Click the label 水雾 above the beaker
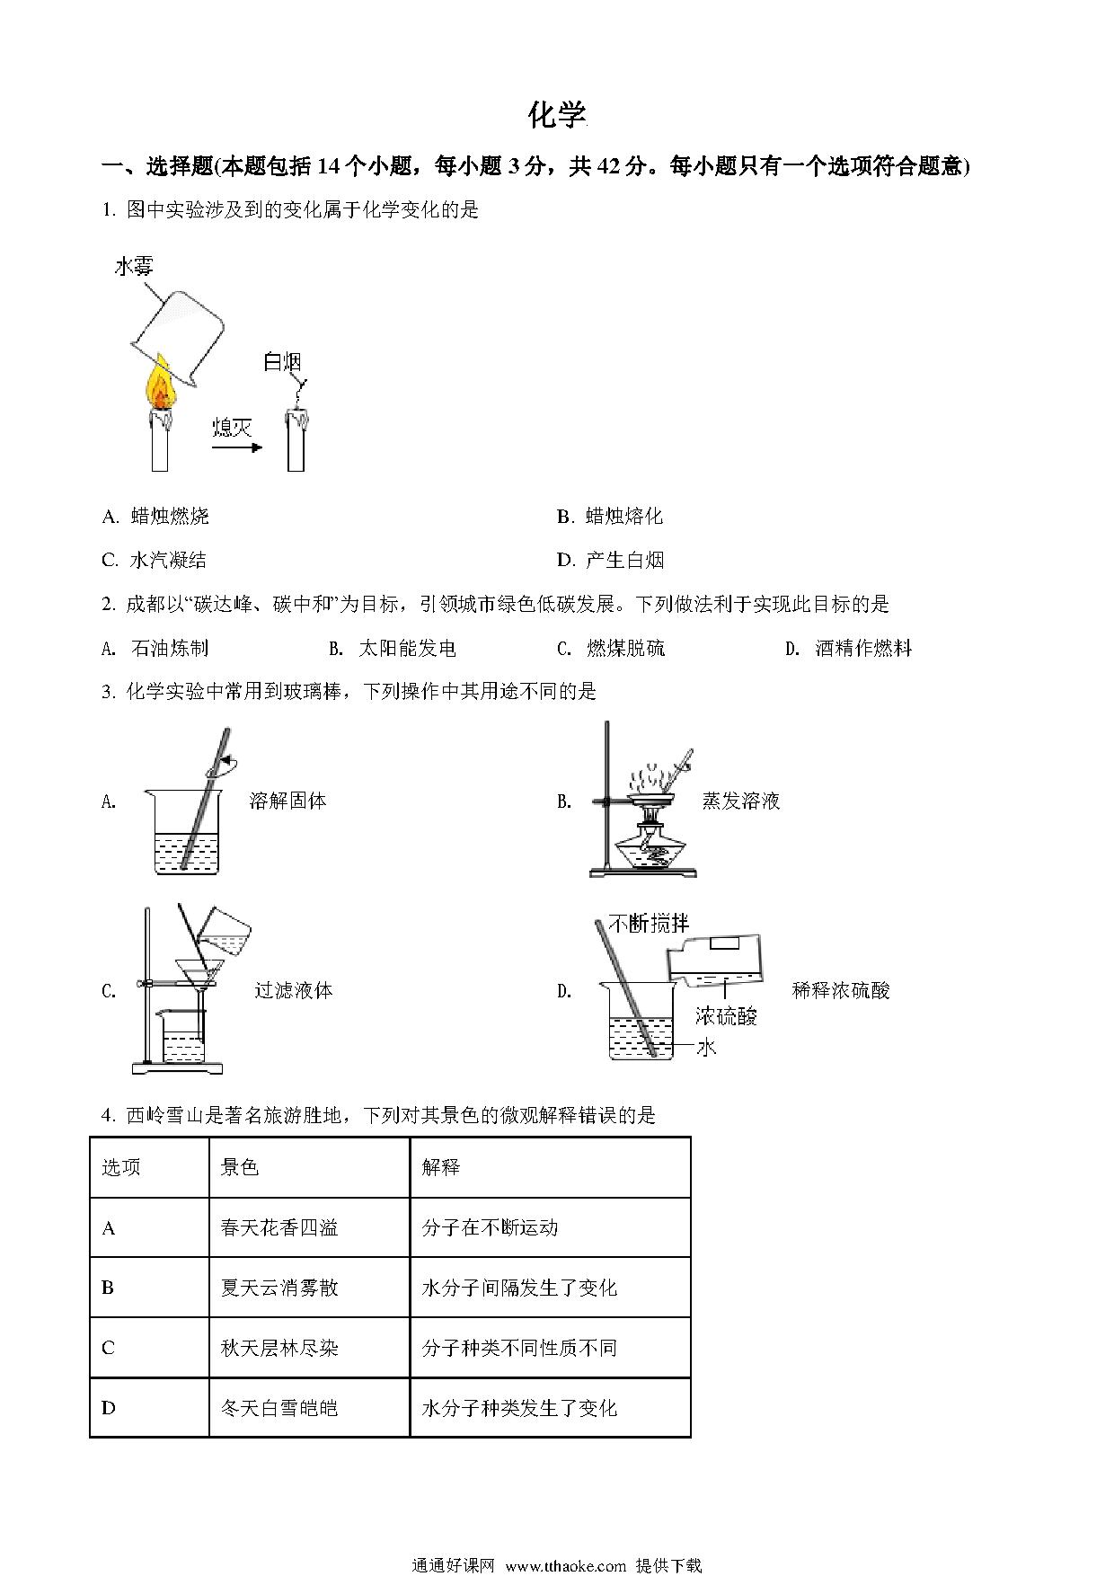coord(134,266)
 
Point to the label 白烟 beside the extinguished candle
coord(281,361)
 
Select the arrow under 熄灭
coord(237,447)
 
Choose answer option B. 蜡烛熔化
coord(610,516)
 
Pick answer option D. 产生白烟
coord(610,560)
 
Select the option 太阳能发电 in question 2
coord(406,648)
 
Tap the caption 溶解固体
coord(287,801)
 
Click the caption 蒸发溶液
coord(741,801)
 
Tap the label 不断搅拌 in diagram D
coord(649,923)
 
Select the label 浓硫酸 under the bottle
coord(726,1015)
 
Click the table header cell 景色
coord(240,1166)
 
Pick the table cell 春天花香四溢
coord(279,1227)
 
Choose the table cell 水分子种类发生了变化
coord(519,1408)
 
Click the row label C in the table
coord(109,1348)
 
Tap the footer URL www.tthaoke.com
coord(566,1564)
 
